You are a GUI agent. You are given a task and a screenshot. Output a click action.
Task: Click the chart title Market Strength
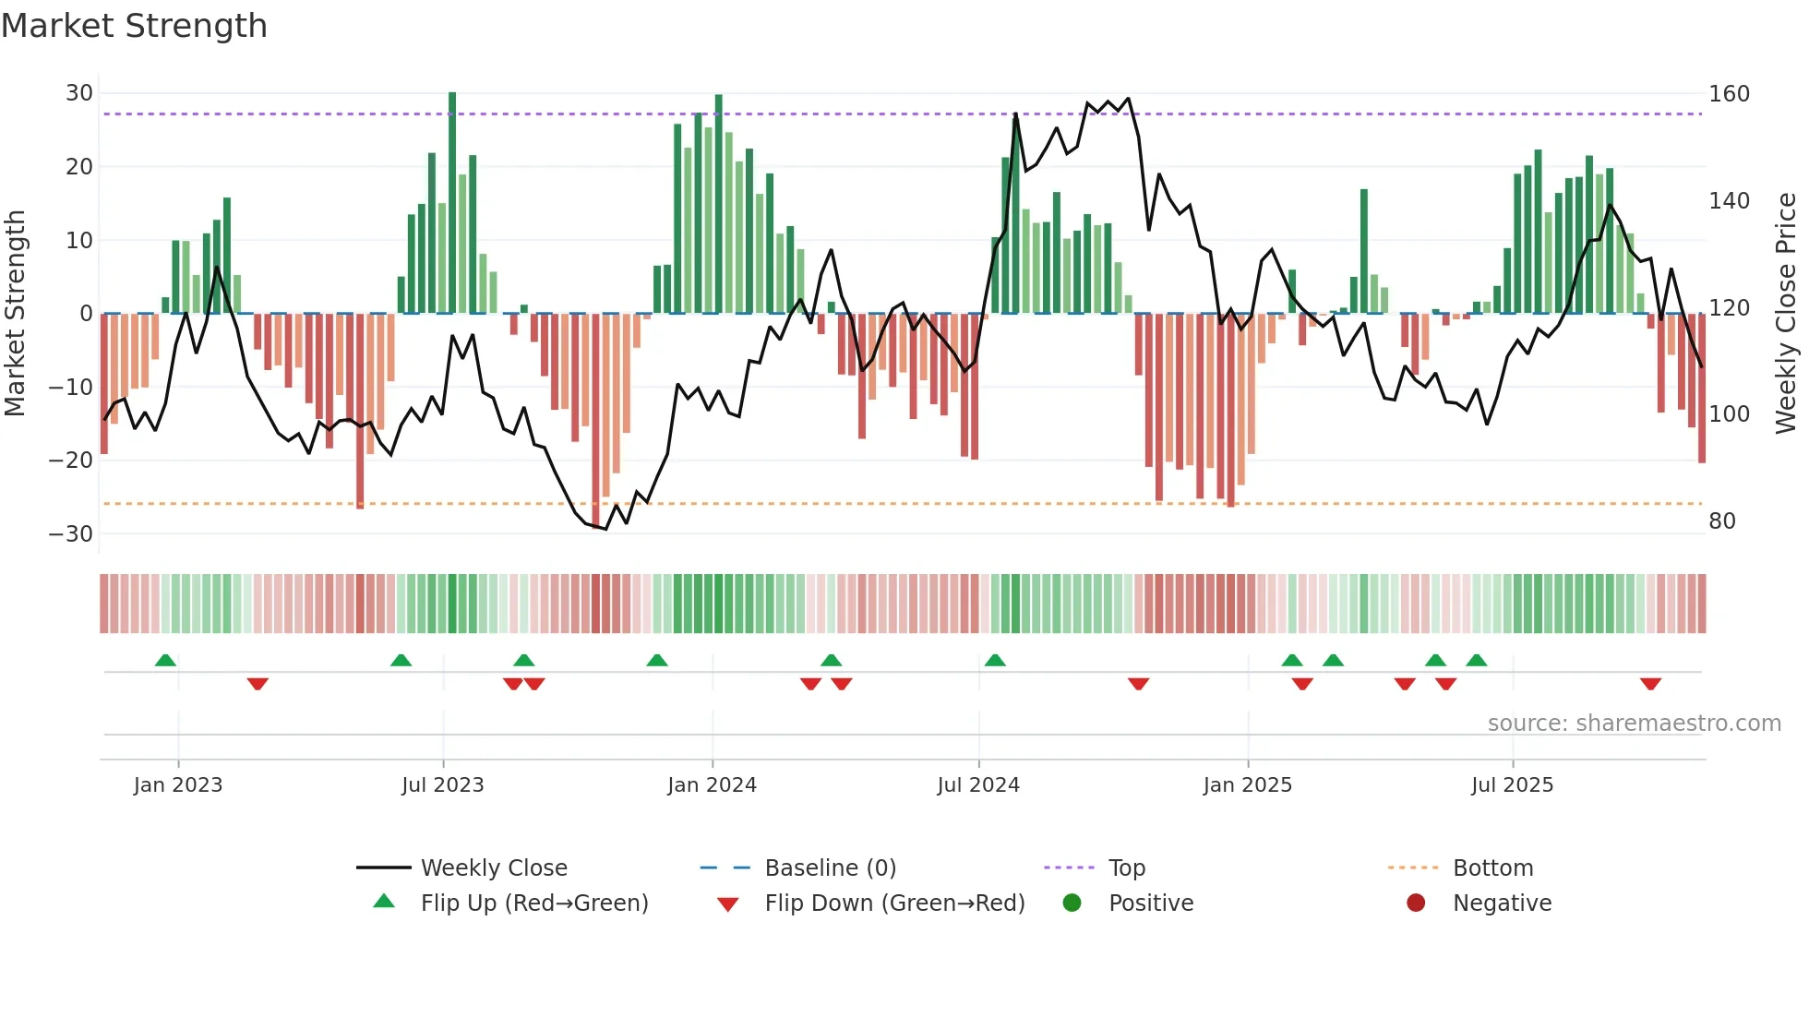134,26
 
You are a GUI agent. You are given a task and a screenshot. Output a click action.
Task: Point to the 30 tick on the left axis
79,93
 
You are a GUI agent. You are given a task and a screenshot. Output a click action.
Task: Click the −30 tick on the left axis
71,534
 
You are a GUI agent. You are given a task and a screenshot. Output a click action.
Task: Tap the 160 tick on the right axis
1729,94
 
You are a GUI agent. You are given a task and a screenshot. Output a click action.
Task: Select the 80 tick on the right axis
1722,521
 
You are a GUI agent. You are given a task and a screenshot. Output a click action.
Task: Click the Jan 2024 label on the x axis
712,785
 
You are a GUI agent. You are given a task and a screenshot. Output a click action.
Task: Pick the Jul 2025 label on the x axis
1512,785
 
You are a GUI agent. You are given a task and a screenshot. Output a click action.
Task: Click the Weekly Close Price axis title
1787,314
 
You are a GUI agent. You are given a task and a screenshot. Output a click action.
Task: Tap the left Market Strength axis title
16,314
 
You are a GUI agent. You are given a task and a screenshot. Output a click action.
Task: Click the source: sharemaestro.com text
1634,724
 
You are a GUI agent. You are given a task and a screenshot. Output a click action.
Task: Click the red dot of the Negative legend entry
1416,903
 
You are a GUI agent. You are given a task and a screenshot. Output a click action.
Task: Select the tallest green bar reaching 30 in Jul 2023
452,203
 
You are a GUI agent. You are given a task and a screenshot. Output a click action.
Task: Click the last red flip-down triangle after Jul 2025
1650,684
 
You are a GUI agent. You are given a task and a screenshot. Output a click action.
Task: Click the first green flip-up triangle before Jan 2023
165,660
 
